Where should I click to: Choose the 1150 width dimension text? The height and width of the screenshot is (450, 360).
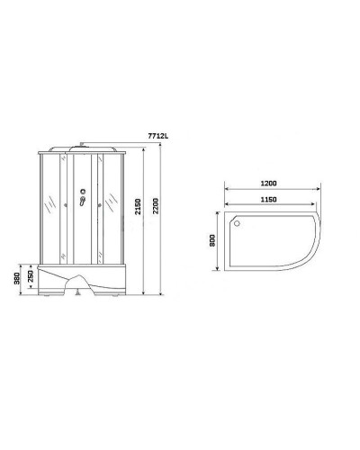(263, 198)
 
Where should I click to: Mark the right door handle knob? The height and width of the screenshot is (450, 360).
(94, 203)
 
